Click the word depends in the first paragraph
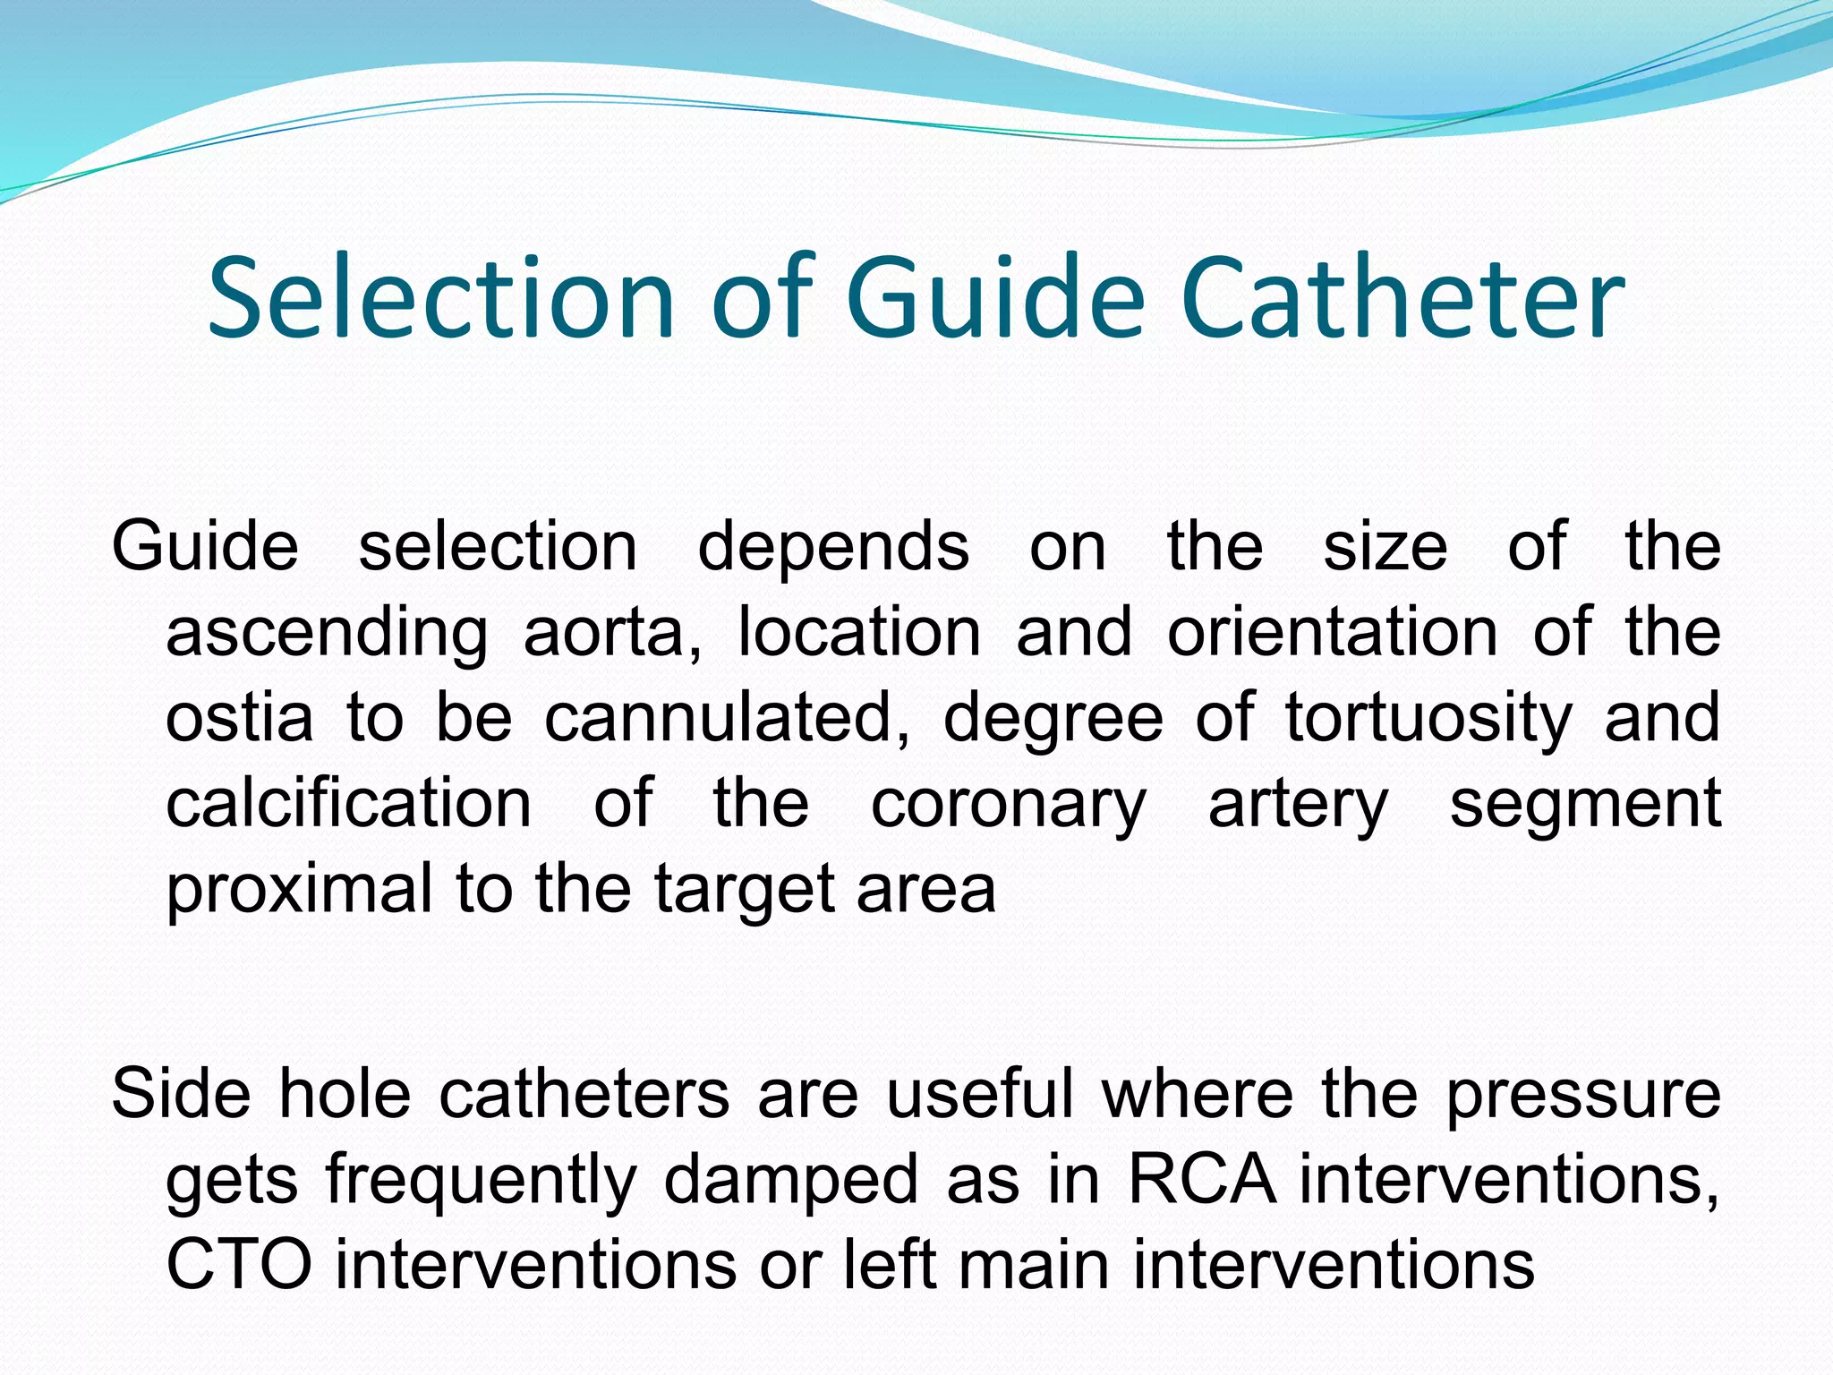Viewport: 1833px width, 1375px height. (832, 547)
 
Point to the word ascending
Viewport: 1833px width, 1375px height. (327, 633)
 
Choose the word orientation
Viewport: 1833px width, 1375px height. (1332, 633)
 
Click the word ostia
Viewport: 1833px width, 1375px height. (240, 718)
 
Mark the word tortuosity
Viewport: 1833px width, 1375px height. (1428, 718)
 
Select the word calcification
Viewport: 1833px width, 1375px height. (349, 803)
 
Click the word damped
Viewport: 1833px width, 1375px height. (791, 1180)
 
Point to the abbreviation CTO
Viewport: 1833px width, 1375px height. (239, 1264)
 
